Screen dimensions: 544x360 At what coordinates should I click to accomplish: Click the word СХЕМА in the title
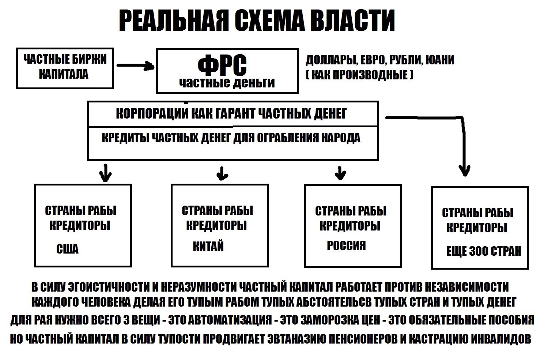pos(269,20)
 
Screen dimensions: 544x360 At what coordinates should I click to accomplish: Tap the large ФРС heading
pos(222,65)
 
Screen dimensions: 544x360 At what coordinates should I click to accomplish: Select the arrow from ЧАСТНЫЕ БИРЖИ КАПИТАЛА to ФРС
pos(136,65)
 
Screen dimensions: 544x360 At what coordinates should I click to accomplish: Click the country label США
pos(67,249)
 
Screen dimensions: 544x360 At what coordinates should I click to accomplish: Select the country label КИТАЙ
pos(208,246)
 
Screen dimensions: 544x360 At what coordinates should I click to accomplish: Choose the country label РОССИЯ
pos(346,245)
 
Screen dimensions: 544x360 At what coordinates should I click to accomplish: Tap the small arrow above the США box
pos(105,173)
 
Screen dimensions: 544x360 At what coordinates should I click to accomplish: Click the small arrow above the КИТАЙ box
pos(222,173)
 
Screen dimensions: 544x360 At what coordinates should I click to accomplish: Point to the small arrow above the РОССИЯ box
pos(340,173)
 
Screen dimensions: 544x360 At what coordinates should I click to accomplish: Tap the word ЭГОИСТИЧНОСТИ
pos(109,287)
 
